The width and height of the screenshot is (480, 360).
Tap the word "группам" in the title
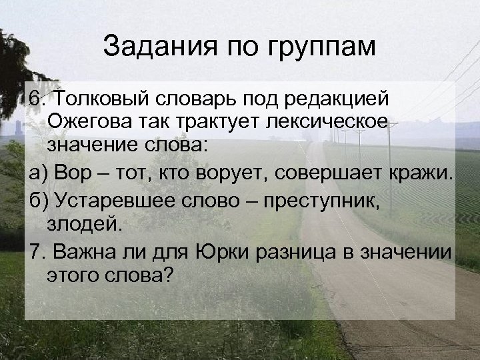tap(324, 48)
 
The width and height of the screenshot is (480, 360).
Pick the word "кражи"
tap(421, 175)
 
